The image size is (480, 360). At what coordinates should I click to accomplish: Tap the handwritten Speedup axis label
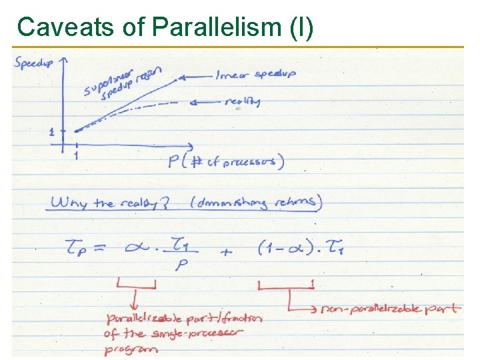click(34, 63)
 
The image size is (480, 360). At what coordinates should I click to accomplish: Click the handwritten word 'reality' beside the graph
click(243, 101)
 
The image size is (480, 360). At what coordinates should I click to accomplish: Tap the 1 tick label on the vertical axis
click(52, 132)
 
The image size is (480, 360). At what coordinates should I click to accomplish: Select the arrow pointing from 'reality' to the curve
click(207, 102)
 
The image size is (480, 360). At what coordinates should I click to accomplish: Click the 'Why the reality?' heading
click(111, 202)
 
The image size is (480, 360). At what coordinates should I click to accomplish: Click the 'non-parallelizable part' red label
click(390, 309)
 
